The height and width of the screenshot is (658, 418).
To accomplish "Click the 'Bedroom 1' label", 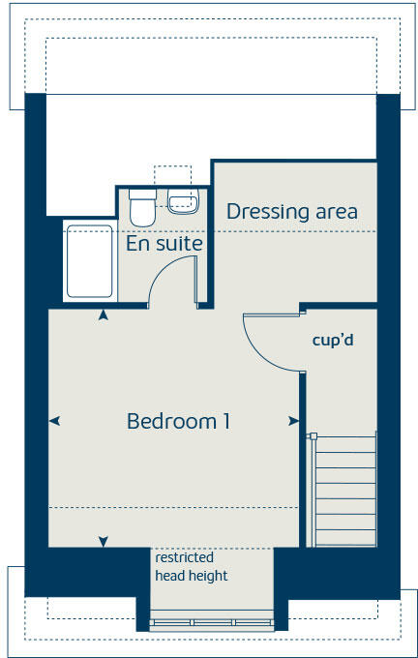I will (x=178, y=422).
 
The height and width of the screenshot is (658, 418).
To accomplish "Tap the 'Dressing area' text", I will (x=292, y=211).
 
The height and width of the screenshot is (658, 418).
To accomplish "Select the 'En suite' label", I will (x=164, y=244).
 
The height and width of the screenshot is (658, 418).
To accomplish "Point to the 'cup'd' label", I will (x=332, y=341).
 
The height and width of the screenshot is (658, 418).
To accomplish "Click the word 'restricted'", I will (x=184, y=557).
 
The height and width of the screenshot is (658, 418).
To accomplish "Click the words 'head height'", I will (x=192, y=576).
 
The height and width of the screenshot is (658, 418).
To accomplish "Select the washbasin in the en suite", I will (x=182, y=202).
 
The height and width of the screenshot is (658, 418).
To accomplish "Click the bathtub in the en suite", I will (x=88, y=261).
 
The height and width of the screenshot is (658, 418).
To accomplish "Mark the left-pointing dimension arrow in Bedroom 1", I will (x=54, y=421).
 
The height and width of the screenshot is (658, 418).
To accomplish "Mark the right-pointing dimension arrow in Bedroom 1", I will (x=293, y=421).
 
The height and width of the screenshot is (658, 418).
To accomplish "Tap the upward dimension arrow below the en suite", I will (x=104, y=314).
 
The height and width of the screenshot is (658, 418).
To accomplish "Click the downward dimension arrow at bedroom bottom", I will (x=104, y=541).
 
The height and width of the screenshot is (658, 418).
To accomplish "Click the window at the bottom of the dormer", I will (x=212, y=622).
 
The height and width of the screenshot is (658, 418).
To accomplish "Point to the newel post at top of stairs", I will (x=312, y=435).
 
